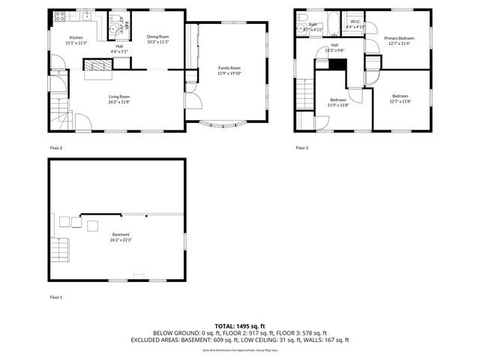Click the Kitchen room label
(x=76, y=37)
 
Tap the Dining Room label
(x=157, y=36)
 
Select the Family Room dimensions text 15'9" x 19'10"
(x=229, y=73)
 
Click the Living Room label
(x=119, y=96)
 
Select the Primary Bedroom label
(x=399, y=37)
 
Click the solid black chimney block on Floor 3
(x=338, y=64)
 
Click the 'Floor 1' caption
(x=56, y=298)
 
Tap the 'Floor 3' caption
(x=301, y=148)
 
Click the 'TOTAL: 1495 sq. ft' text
(x=239, y=326)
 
